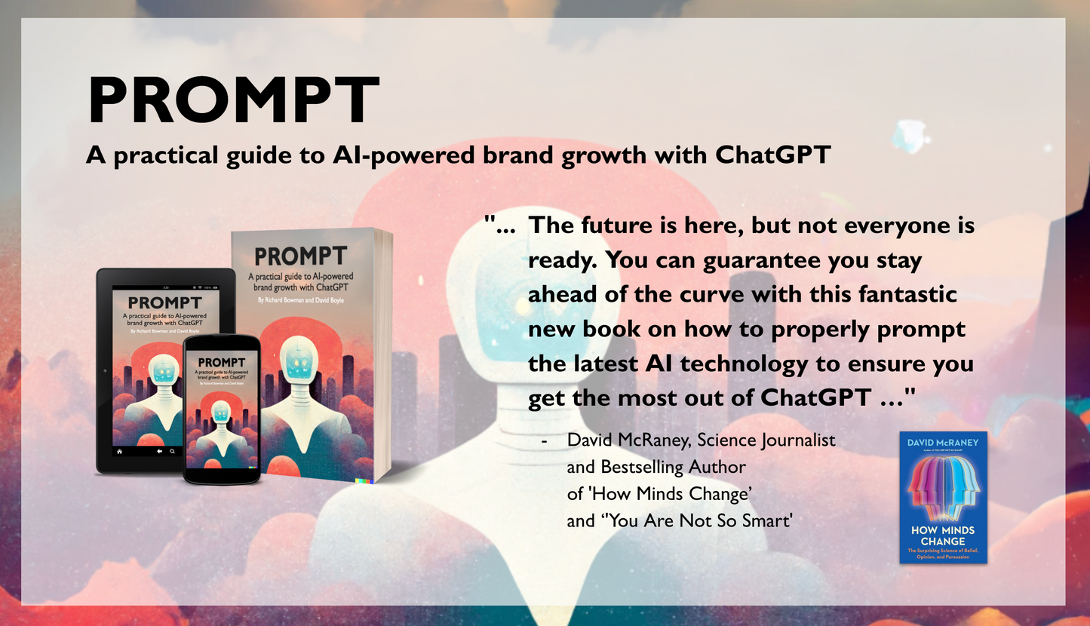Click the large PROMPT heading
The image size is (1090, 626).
(233, 100)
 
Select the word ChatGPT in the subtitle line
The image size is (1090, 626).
(772, 155)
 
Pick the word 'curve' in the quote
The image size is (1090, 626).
(693, 294)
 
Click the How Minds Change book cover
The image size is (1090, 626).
(943, 498)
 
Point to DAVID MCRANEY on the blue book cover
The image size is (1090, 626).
(943, 443)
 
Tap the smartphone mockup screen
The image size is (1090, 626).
(222, 411)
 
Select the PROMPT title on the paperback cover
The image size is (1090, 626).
(300, 256)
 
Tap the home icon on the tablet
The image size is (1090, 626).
(119, 450)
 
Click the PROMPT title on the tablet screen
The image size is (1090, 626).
(165, 303)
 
